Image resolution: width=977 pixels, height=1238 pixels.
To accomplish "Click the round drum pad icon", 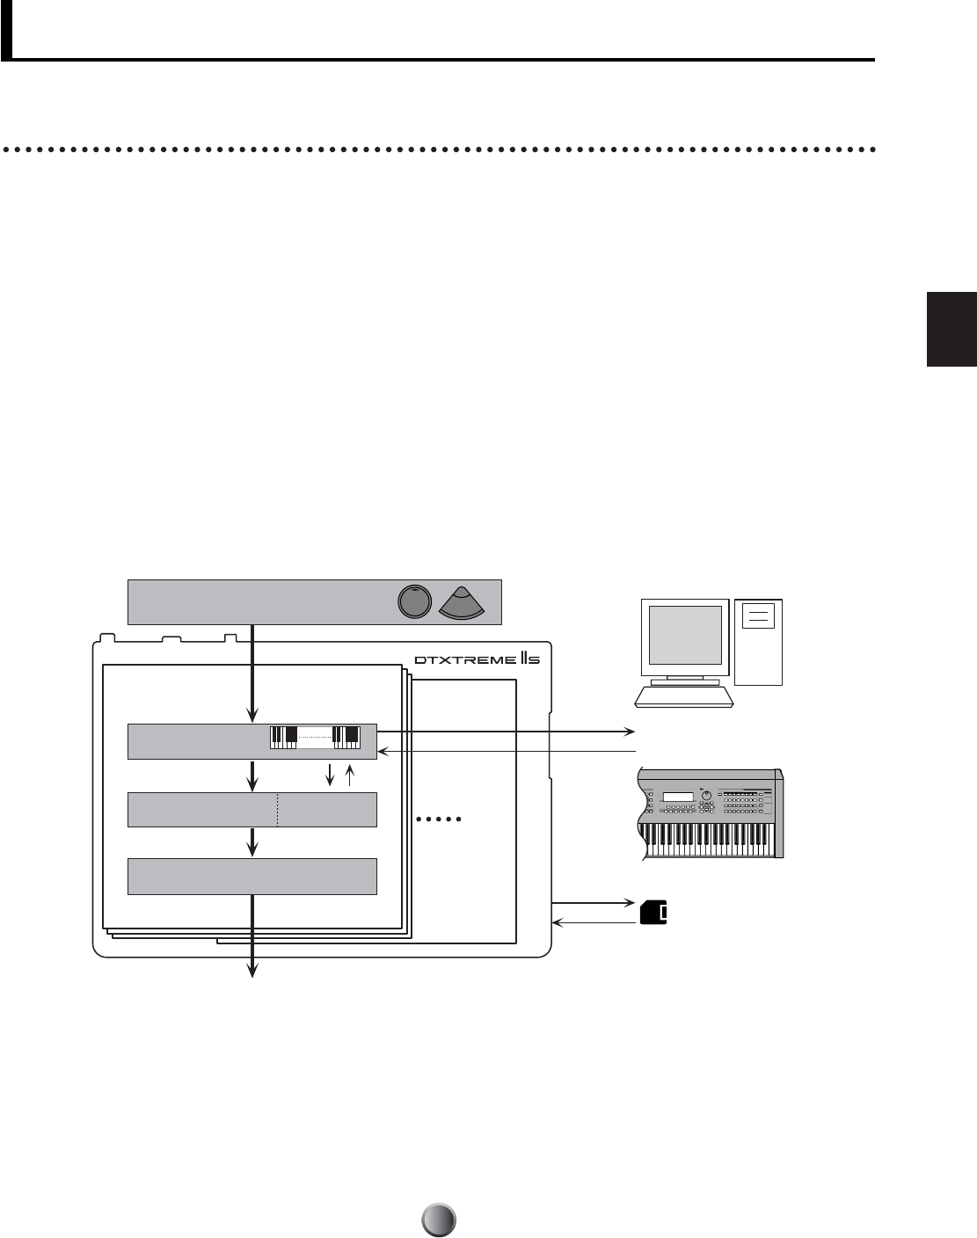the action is click(414, 601).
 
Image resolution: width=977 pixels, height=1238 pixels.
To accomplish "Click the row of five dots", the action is click(438, 820).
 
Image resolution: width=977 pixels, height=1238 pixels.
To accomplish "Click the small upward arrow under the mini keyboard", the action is click(349, 773).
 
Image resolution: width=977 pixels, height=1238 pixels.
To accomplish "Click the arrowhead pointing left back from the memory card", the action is click(556, 922).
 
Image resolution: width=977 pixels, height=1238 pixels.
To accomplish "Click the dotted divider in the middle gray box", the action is click(278, 809).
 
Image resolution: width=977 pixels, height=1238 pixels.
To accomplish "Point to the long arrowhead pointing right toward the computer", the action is click(630, 731).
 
